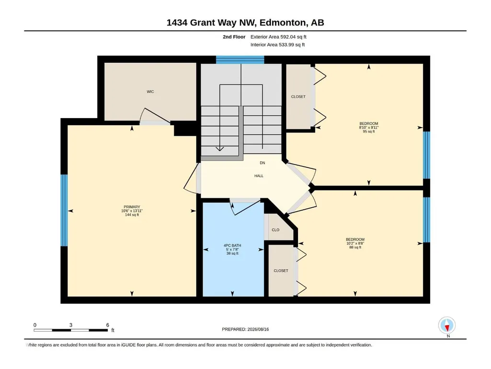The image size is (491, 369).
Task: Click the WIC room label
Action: tap(150, 92)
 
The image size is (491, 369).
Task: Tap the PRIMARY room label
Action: tap(132, 207)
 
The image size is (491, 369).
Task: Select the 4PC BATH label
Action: tap(232, 245)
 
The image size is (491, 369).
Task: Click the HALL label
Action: tap(259, 176)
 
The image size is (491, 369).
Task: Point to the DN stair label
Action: tap(263, 163)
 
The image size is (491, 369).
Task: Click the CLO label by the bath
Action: tap(275, 230)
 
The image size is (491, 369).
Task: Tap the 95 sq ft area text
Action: tap(369, 131)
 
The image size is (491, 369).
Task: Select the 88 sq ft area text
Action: tap(355, 247)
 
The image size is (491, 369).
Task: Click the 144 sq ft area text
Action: tap(132, 214)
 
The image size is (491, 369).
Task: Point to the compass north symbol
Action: tap(447, 325)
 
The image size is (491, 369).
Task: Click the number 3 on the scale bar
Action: tap(71, 325)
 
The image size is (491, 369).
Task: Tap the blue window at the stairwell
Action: tap(240, 60)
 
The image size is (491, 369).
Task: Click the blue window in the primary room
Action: tap(64, 210)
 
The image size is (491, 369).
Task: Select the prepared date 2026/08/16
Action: tap(258, 329)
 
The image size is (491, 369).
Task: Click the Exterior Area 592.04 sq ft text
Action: tap(278, 37)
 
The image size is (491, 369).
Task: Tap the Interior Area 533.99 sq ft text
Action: tap(277, 45)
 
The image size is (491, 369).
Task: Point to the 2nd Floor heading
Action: tap(234, 37)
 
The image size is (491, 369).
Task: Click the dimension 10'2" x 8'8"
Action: tap(355, 243)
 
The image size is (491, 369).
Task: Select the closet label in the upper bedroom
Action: tap(298, 96)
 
